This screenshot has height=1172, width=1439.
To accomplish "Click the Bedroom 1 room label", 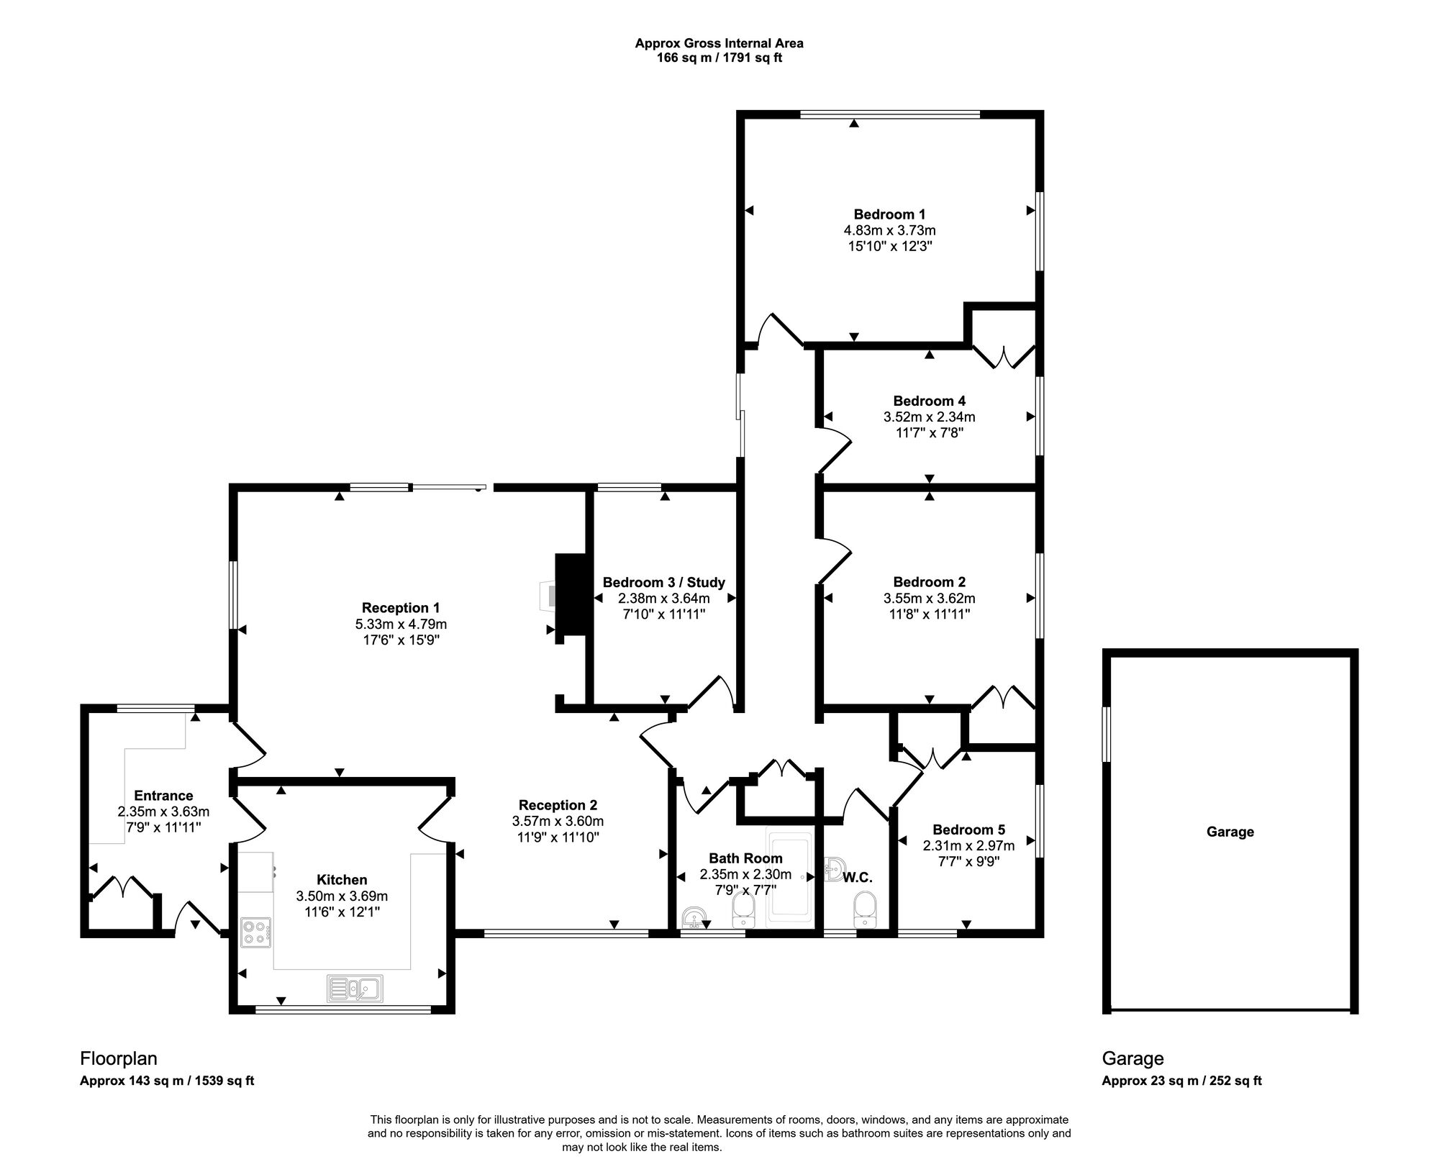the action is (x=889, y=214).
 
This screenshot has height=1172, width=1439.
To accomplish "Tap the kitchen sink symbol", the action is (x=355, y=988).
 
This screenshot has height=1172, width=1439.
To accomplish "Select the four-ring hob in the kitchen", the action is (x=255, y=933).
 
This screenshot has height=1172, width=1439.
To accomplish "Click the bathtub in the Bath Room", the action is (x=790, y=878).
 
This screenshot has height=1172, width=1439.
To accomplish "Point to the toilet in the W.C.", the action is (x=863, y=909).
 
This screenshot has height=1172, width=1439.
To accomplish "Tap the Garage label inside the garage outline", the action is (x=1230, y=832).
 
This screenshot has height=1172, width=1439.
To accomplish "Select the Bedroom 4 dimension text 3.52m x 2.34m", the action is (x=929, y=417).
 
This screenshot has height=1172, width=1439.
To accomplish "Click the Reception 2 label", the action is (x=558, y=805).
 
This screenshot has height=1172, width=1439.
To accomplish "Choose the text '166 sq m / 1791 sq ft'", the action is (x=719, y=58).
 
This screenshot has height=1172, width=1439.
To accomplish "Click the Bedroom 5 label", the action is (x=968, y=829).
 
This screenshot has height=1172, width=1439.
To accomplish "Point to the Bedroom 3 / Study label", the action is (x=663, y=582).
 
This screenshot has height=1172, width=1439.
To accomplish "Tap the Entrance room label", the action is (x=163, y=795).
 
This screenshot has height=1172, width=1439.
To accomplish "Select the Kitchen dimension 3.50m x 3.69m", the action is (x=342, y=896).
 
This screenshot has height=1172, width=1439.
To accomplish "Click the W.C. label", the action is (x=857, y=878).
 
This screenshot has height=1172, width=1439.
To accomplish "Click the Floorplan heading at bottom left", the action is (x=118, y=1058).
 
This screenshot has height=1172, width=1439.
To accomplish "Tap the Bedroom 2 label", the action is (x=929, y=582).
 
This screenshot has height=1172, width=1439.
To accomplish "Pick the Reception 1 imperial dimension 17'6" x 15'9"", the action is (x=401, y=640).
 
